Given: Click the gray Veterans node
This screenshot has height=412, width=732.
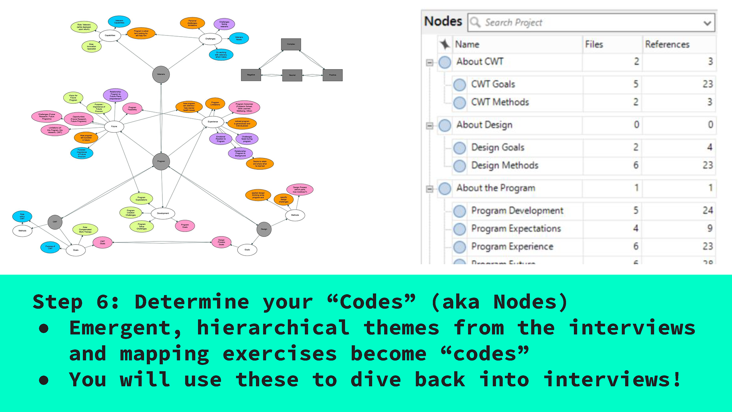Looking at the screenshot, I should [x=161, y=74].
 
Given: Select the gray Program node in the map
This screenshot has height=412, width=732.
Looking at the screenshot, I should [x=161, y=161].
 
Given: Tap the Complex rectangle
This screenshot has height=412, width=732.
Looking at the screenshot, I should [x=291, y=44].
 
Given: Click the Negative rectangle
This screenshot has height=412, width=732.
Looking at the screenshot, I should [x=251, y=75].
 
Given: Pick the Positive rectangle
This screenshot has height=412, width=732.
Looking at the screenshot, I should [x=332, y=75].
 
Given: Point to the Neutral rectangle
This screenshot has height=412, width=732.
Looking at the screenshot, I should [x=292, y=75].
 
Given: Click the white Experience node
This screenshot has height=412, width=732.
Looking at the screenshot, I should [x=213, y=122].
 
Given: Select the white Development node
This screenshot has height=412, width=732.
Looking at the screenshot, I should [x=163, y=213].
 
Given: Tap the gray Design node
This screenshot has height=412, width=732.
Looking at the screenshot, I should [x=264, y=229].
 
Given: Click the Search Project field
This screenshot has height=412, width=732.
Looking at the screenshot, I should [x=583, y=23].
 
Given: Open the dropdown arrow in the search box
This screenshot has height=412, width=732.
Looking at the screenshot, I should [x=707, y=23].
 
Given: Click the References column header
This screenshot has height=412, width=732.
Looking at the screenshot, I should [x=667, y=45].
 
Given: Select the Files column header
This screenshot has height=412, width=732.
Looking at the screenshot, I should [x=594, y=45].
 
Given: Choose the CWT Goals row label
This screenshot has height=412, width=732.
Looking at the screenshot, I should [x=493, y=84].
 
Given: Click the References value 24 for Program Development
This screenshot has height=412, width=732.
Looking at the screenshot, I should [x=708, y=211].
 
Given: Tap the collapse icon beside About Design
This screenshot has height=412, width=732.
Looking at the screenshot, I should [x=430, y=126].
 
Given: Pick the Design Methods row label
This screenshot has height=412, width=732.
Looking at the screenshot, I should [x=505, y=166].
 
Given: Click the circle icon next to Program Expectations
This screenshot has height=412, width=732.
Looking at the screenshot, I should [x=460, y=229].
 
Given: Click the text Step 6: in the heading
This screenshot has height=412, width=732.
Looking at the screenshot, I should [x=75, y=302].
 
